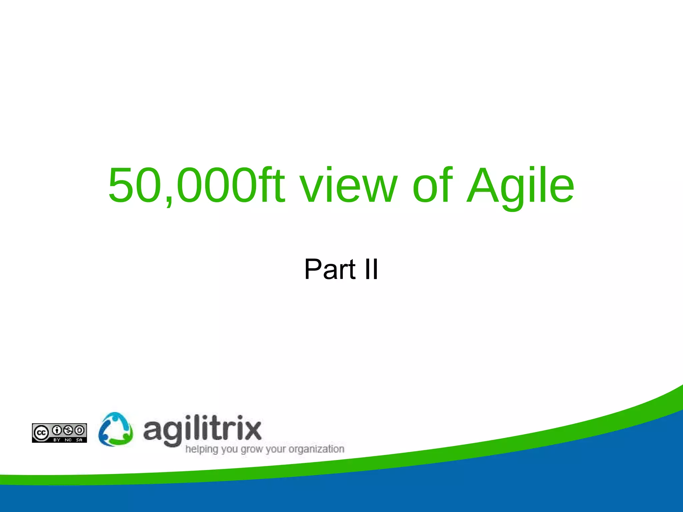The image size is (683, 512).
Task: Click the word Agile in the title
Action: (520, 186)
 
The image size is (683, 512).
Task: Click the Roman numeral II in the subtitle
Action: (371, 269)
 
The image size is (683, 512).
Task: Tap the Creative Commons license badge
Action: (59, 433)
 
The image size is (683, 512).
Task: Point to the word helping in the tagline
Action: (201, 449)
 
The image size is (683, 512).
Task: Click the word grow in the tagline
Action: (252, 449)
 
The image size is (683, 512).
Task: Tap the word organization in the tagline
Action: (316, 449)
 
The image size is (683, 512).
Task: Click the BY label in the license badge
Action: (57, 440)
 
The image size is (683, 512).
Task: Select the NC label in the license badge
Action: (68, 440)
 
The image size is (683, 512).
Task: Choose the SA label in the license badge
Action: (79, 440)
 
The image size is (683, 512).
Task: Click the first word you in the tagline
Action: (229, 449)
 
